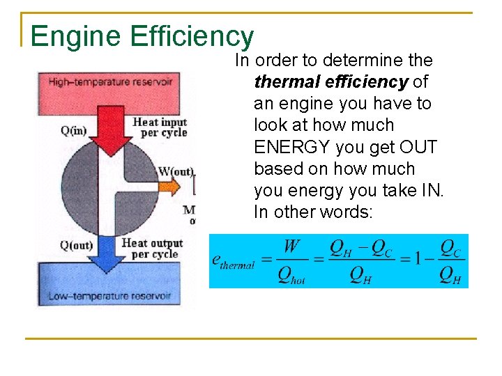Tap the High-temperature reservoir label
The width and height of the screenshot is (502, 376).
pyautogui.click(x=110, y=82)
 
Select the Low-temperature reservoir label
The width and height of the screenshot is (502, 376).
pyautogui.click(x=109, y=296)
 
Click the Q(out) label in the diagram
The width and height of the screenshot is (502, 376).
pyautogui.click(x=77, y=245)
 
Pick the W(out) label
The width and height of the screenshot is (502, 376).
pyautogui.click(x=176, y=171)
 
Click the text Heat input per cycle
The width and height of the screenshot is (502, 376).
pyautogui.click(x=160, y=127)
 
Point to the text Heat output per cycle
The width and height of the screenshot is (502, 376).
pyautogui.click(x=152, y=248)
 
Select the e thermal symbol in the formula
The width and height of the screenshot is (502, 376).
pyautogui.click(x=233, y=262)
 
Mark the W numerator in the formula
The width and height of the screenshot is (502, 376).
pyautogui.click(x=291, y=247)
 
